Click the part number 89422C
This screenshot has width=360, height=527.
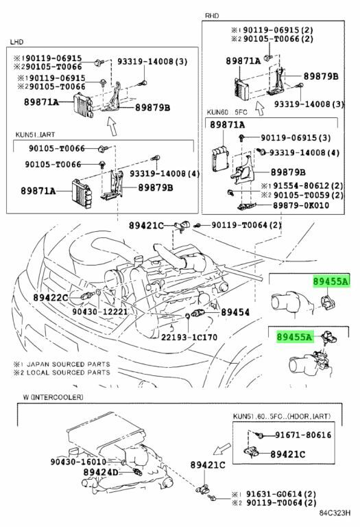[50, 297]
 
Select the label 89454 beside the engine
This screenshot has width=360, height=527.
[235, 312]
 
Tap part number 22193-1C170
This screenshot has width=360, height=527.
[189, 337]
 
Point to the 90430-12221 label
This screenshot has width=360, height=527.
[100, 312]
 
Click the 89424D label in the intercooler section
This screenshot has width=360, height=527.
[101, 472]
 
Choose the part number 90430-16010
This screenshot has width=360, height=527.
[78, 462]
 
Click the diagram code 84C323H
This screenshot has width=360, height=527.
[335, 513]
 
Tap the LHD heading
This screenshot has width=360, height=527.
[16, 42]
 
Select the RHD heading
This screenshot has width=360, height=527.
[212, 16]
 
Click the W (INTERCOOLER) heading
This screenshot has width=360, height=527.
[53, 397]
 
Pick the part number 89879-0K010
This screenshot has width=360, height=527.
[301, 205]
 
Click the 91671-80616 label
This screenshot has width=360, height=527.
[303, 435]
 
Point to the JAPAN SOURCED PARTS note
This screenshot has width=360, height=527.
[62, 364]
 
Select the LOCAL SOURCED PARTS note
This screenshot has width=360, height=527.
[62, 373]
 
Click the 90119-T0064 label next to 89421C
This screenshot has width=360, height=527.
[246, 225]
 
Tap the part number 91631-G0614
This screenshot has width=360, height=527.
[281, 494]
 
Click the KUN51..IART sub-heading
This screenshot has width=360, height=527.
[35, 134]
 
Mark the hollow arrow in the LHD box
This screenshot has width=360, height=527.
[112, 126]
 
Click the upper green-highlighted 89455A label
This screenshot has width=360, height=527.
[331, 281]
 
